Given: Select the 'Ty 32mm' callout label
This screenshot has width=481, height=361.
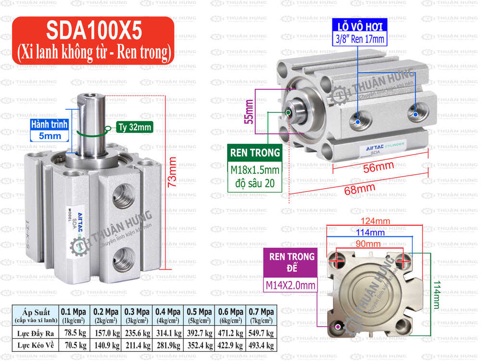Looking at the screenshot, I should pyautogui.click(x=134, y=128).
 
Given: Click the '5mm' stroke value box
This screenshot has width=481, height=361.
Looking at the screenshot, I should pyautogui.click(x=50, y=136).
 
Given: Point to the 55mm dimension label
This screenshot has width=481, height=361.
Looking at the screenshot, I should pyautogui.click(x=249, y=111).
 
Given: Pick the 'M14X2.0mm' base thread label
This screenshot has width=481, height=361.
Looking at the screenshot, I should pyautogui.click(x=291, y=285).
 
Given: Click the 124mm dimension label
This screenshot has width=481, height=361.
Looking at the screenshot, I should pyautogui.click(x=375, y=221).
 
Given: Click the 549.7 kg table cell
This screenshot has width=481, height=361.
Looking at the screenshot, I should pyautogui.click(x=261, y=332).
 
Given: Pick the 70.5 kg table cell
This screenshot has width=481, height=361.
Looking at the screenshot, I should pyautogui.click(x=74, y=345).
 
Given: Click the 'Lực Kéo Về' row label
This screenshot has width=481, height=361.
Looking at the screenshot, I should pyautogui.click(x=34, y=345).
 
